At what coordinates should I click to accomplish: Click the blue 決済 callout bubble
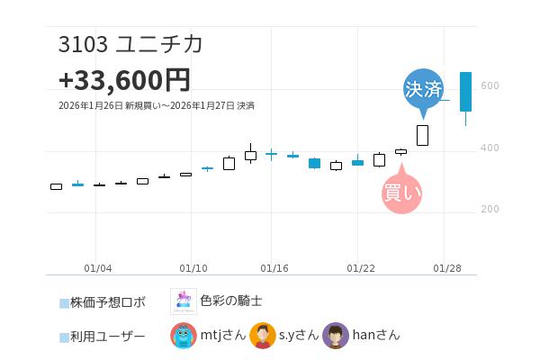pyautogui.click(x=423, y=89)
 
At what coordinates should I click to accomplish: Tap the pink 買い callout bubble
pyautogui.click(x=401, y=192)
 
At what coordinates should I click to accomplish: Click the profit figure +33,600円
pyautogui.click(x=124, y=80)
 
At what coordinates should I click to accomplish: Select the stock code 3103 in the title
pyautogui.click(x=83, y=44)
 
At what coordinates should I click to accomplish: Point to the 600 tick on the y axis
pyautogui.click(x=490, y=85)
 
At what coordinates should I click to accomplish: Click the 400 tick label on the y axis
pyautogui.click(x=490, y=148)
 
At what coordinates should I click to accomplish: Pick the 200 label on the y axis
pyautogui.click(x=490, y=209)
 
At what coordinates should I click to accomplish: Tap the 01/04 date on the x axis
pyautogui.click(x=98, y=268)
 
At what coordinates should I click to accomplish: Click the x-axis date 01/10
pyautogui.click(x=193, y=268)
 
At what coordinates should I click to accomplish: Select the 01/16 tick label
pyautogui.click(x=274, y=268)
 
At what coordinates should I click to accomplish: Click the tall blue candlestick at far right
pyautogui.click(x=465, y=92)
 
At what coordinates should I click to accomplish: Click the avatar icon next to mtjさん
pyautogui.click(x=184, y=336)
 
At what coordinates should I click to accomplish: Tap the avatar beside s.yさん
pyautogui.click(x=262, y=336)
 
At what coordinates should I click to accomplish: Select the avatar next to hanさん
pyautogui.click(x=335, y=336)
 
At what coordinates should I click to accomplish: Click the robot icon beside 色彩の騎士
pyautogui.click(x=183, y=301)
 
